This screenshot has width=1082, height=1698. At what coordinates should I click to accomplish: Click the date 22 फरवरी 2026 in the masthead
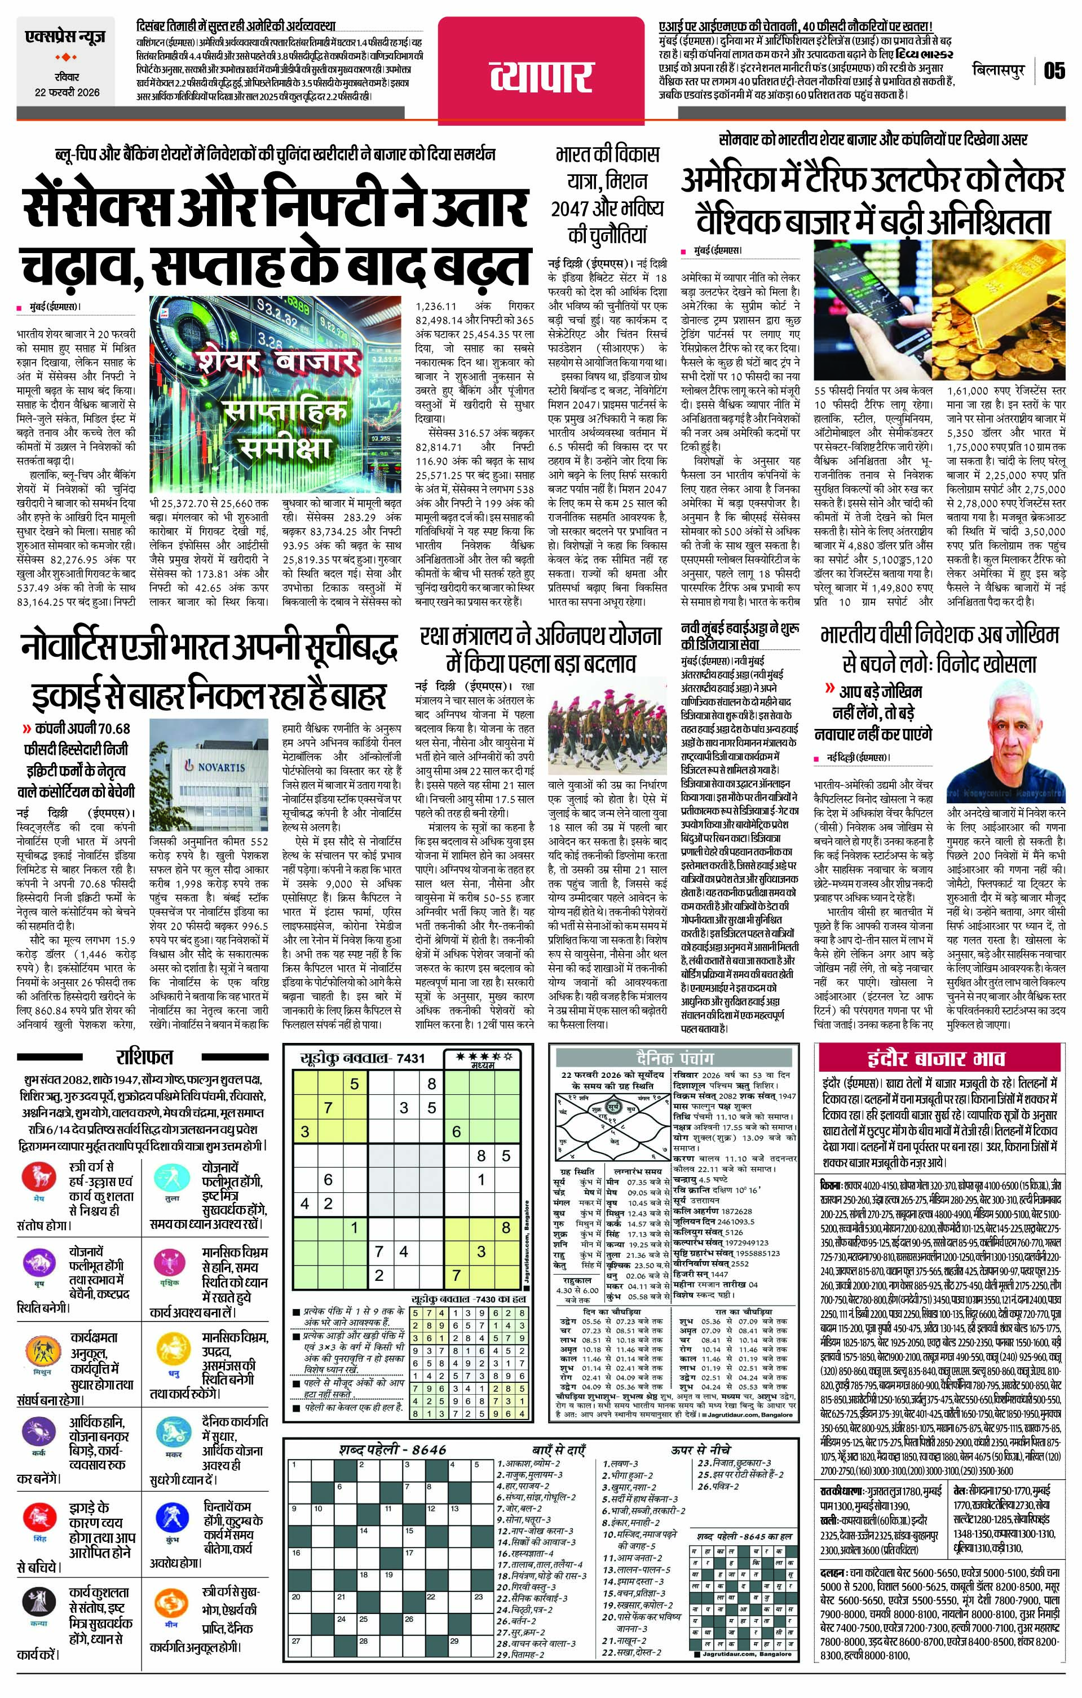coord(68,92)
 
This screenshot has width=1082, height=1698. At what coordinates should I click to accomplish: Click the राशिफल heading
coord(144,1056)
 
